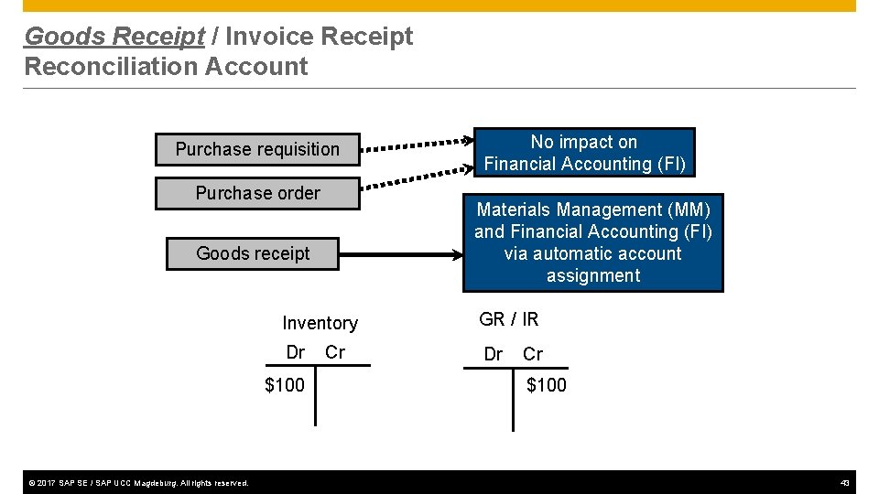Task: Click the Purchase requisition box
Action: point(256,149)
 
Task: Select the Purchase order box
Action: point(257,193)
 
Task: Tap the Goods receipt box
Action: point(253,253)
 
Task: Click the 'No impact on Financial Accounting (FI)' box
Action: point(584,153)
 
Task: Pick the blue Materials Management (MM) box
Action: point(592,242)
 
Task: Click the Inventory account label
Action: point(320,323)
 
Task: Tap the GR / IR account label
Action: point(509,319)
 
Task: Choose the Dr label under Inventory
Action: point(295,352)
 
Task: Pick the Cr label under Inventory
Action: point(335,352)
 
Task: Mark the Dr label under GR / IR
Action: point(493,354)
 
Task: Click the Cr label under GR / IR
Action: point(533,354)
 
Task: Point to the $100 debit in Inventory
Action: point(285,385)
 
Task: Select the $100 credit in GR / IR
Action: point(547,385)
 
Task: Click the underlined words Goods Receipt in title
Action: point(114,37)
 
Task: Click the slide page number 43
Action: point(844,482)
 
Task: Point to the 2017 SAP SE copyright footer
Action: point(136,482)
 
